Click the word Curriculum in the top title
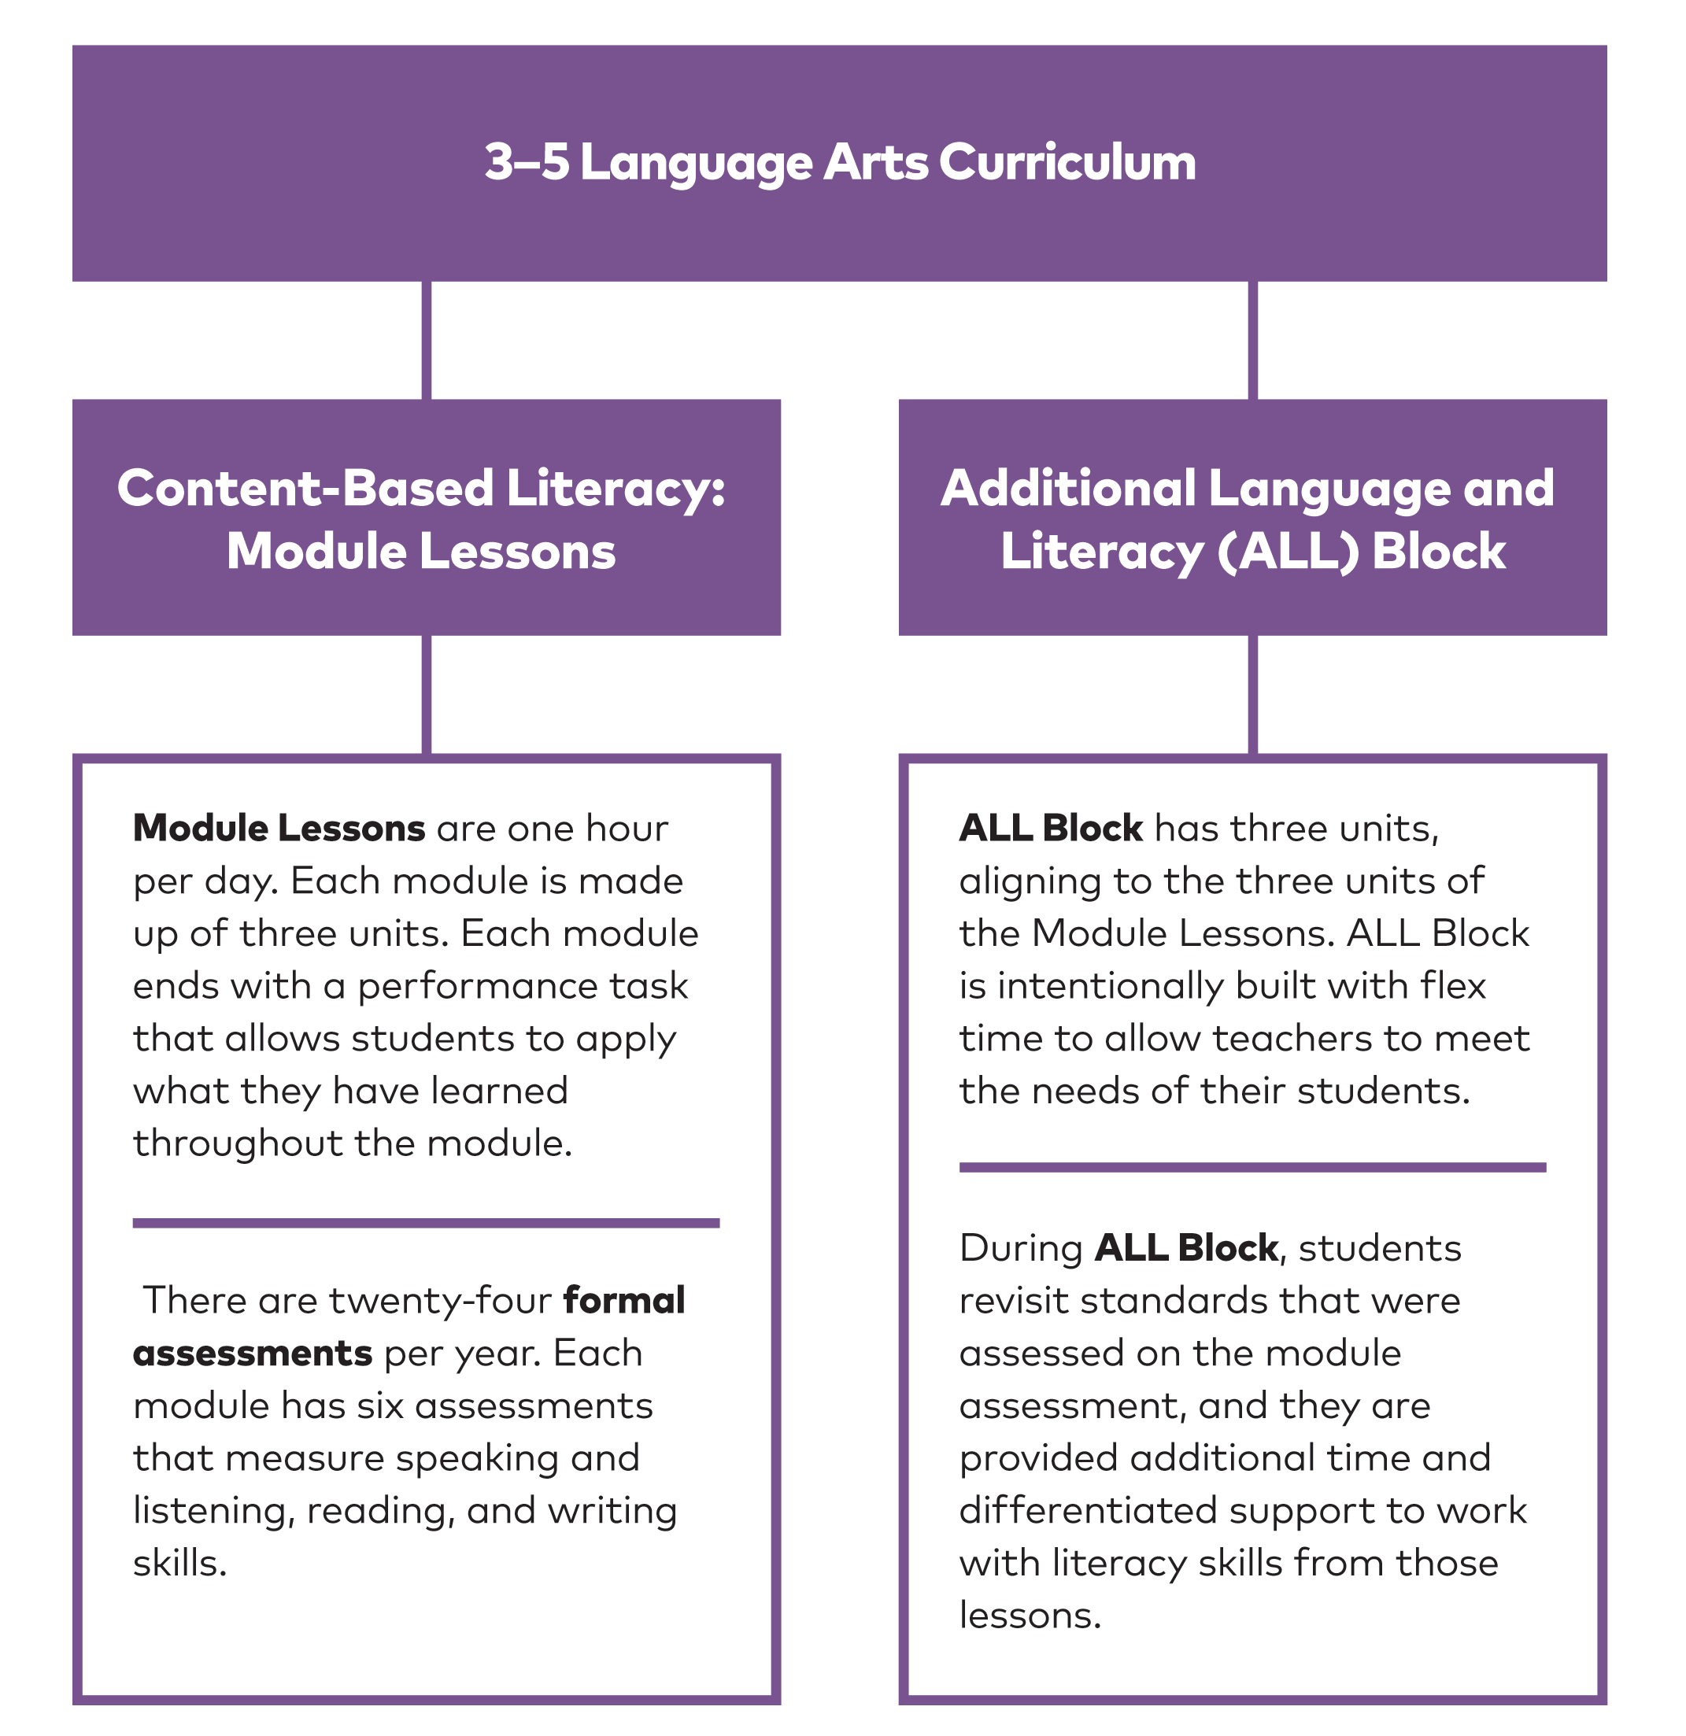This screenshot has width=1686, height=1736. [x=1067, y=163]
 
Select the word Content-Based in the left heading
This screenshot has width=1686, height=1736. [x=305, y=488]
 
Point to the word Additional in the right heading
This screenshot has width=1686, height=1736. [x=1067, y=488]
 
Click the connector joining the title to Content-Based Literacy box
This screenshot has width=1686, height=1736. [x=426, y=340]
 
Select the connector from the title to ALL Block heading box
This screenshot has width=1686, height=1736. [x=1252, y=340]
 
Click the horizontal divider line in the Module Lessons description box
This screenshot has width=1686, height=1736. [x=426, y=1223]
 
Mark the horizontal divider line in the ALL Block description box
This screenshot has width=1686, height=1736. [x=1252, y=1167]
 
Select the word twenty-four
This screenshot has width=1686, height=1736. [x=440, y=1301]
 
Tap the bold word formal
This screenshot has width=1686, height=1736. [x=623, y=1301]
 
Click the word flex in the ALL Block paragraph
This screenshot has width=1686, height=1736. [x=1453, y=987]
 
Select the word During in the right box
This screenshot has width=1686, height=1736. [x=1021, y=1249]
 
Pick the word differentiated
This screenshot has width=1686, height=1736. [x=1088, y=1511]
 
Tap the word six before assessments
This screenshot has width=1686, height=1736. [x=380, y=1406]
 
